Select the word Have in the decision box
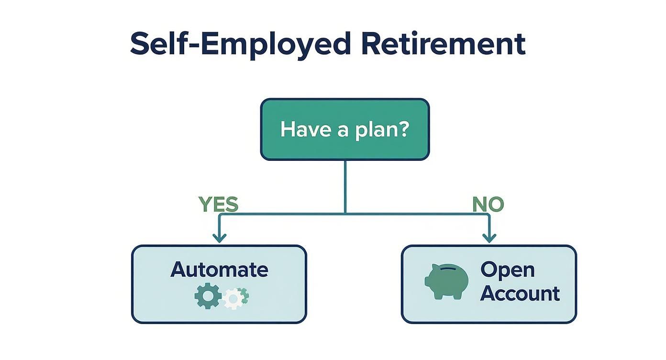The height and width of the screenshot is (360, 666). (299, 130)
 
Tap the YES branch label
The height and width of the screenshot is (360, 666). (218, 204)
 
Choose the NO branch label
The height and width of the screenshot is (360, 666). (488, 204)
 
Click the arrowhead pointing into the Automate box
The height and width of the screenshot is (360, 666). (219, 238)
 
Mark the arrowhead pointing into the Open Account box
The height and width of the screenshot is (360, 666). (489, 238)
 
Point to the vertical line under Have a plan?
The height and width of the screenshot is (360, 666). (345, 187)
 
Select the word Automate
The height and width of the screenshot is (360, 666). (219, 270)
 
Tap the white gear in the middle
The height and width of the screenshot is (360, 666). (233, 299)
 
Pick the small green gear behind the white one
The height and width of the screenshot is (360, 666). (244, 294)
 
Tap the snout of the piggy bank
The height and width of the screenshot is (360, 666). (428, 281)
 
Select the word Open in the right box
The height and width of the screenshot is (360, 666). (507, 270)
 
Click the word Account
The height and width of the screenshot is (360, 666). (520, 293)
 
